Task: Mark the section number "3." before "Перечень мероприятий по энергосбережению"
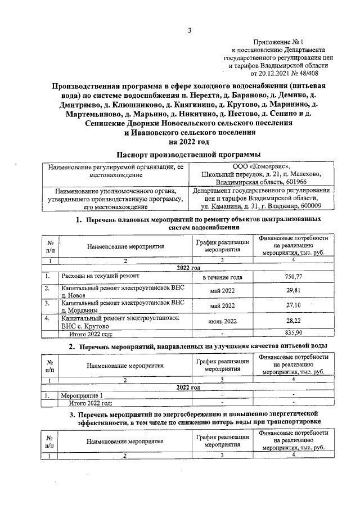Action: point(73,415)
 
